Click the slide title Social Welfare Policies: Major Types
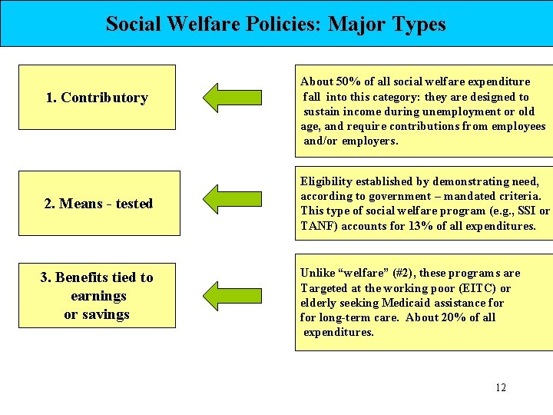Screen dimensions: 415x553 [276, 24]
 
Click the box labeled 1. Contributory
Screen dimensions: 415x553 [97, 98]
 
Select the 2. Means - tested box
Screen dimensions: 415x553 [98, 204]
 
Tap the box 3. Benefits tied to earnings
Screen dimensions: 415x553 [97, 295]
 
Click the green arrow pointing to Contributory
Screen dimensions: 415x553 [232, 97]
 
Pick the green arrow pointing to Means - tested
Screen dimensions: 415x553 [232, 199]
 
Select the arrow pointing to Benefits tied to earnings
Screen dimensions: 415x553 [232, 294]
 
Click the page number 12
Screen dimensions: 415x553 [501, 387]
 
